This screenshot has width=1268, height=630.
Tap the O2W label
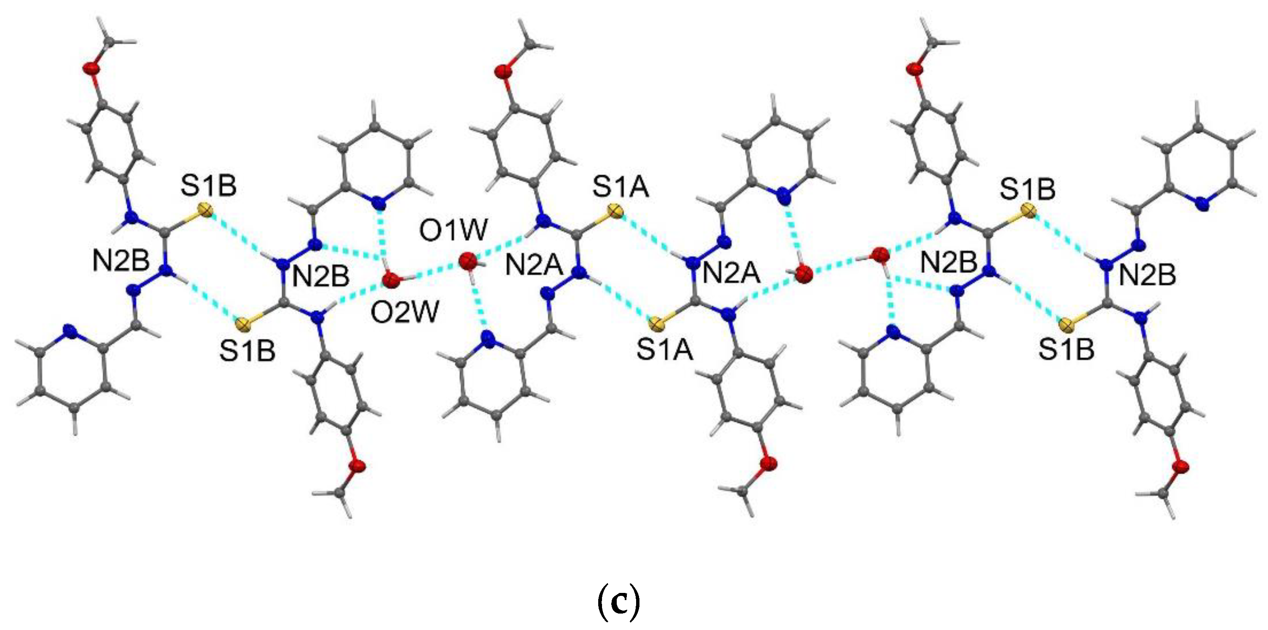click(405, 312)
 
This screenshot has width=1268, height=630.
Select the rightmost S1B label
click(1067, 349)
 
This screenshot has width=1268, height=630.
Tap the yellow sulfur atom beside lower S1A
click(655, 324)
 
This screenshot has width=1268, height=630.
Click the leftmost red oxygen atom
click(91, 68)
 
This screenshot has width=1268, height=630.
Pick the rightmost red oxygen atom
click(1180, 466)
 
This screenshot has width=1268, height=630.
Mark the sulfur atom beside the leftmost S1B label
click(206, 212)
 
